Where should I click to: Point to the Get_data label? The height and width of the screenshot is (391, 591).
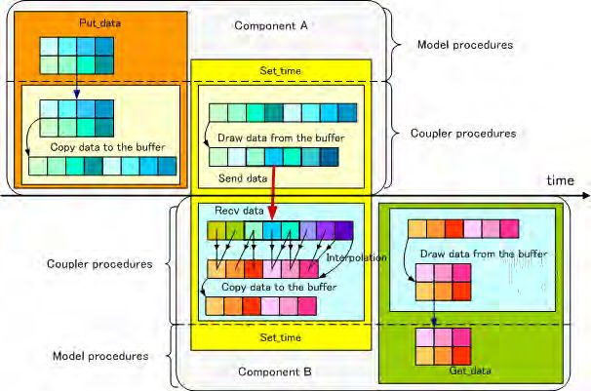point(443,371)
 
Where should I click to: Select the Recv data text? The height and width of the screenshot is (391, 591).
point(223,211)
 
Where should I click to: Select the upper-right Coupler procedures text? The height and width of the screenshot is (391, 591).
point(462,133)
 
